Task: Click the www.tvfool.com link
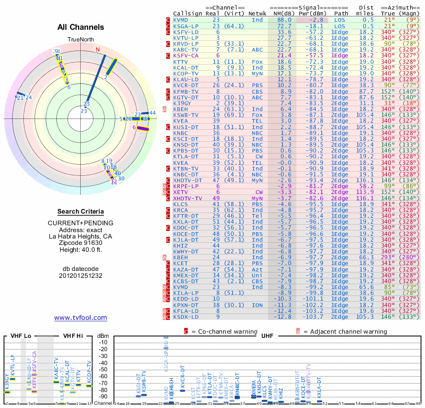[80, 318]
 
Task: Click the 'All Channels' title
[80, 27]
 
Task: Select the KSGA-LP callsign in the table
[187, 25]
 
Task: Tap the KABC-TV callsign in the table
[187, 49]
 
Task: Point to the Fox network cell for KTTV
[257, 61]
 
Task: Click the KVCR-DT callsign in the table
[187, 85]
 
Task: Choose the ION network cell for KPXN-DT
[257, 305]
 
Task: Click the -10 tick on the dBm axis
[103, 343]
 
